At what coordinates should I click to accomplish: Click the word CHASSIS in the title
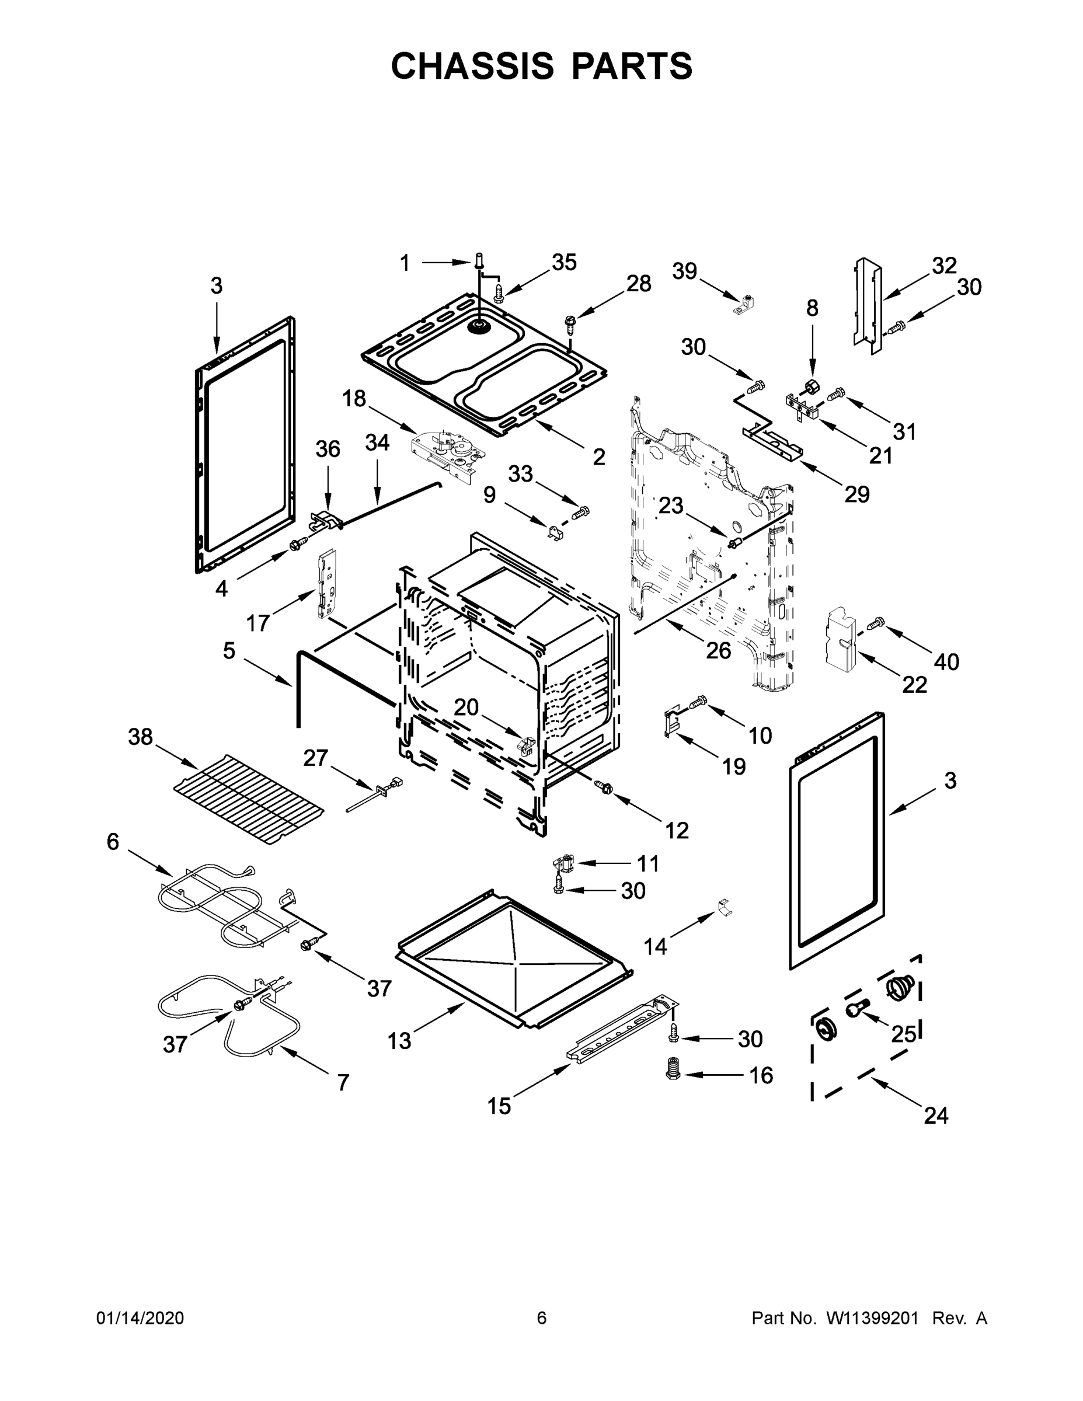[472, 66]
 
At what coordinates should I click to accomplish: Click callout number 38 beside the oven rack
[141, 737]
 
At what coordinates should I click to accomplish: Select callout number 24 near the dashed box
[935, 1116]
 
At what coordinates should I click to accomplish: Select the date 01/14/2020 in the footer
[140, 1318]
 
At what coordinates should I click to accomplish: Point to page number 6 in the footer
[542, 1318]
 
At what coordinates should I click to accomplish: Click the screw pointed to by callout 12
[603, 786]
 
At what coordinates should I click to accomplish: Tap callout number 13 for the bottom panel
[399, 1040]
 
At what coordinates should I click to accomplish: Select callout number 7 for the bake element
[343, 1083]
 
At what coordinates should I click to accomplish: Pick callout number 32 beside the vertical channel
[944, 265]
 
